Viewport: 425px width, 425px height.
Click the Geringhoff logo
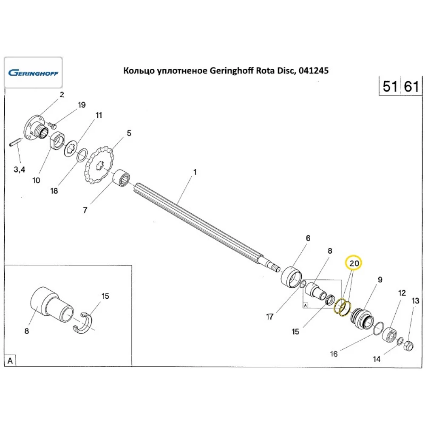[33, 73]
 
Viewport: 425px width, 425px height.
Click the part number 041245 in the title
[314, 71]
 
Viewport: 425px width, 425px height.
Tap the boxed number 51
[390, 87]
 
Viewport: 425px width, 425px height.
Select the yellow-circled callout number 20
[354, 263]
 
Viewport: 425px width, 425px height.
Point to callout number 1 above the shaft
[195, 173]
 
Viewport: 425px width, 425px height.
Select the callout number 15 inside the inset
[105, 296]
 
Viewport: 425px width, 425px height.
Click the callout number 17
[269, 316]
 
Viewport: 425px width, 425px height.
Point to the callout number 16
[334, 354]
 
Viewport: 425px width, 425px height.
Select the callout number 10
[36, 180]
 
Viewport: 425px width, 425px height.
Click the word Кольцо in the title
[139, 71]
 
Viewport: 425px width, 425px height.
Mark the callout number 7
[85, 210]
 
